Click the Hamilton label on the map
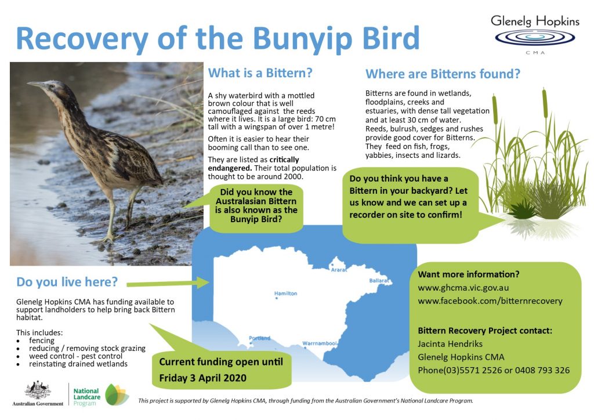(285, 294)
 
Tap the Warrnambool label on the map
(320, 343)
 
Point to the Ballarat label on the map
(379, 281)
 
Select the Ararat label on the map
(339, 270)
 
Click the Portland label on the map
(259, 338)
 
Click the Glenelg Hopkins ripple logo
(535, 38)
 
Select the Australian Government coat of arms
(38, 390)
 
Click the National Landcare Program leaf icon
(117, 394)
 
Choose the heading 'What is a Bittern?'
(260, 73)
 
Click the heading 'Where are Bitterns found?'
(443, 74)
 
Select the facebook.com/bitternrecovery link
(490, 301)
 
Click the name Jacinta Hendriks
(450, 344)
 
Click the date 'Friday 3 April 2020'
(202, 378)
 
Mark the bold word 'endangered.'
(230, 168)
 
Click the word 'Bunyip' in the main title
(303, 39)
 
